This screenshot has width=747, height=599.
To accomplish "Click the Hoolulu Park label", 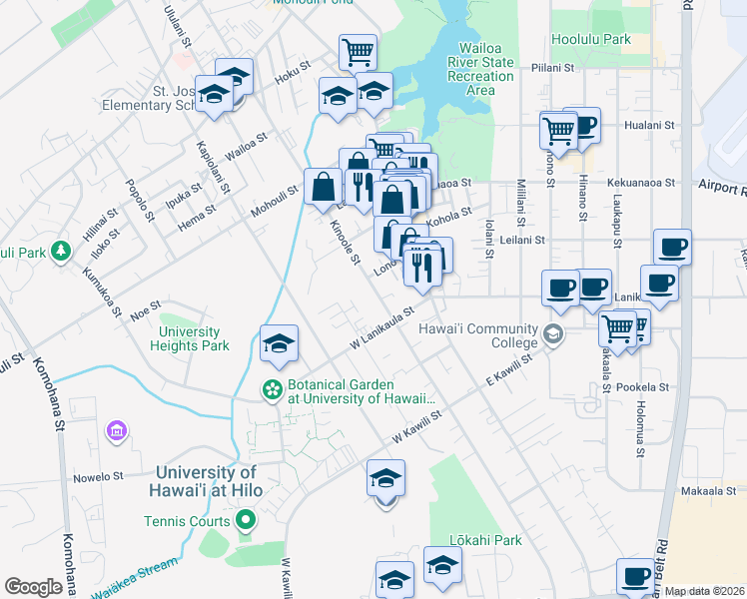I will click(x=591, y=40).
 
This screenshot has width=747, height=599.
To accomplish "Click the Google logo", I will click(x=33, y=587).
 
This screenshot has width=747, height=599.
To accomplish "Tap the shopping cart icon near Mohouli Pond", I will click(x=358, y=51).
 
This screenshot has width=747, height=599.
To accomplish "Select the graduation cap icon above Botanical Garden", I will click(x=279, y=343).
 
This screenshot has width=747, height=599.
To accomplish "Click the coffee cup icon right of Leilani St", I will click(x=672, y=246).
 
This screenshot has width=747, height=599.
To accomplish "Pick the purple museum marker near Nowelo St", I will click(x=116, y=431).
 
